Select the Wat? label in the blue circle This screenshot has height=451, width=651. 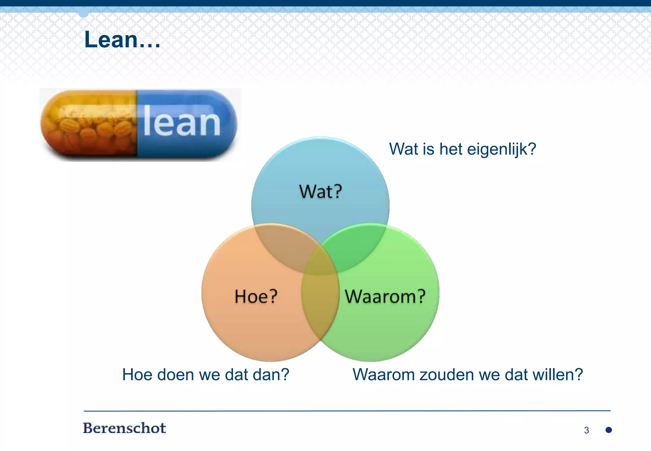point(320,191)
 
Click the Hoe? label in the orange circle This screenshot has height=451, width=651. point(256,296)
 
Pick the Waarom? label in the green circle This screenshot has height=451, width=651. point(385,296)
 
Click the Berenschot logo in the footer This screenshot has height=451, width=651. point(124,428)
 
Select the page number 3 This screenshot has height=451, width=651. point(586,430)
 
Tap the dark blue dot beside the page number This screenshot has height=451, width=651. point(609,430)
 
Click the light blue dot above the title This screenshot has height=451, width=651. point(83,13)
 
